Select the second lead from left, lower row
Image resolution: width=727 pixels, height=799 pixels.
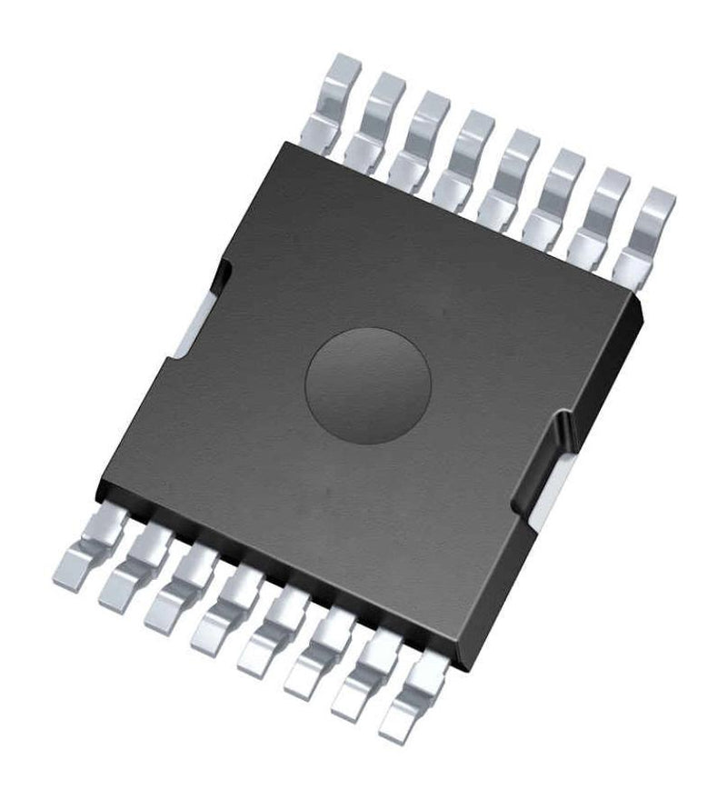pyautogui.click(x=134, y=567)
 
